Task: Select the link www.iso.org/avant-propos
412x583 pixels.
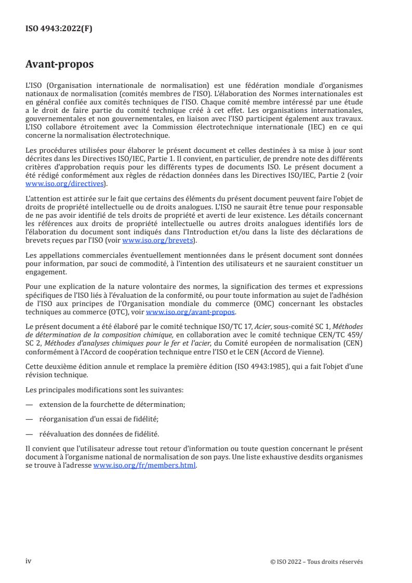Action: (191, 312)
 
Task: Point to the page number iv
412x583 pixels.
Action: (29, 561)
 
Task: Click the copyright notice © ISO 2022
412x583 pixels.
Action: (316, 562)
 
